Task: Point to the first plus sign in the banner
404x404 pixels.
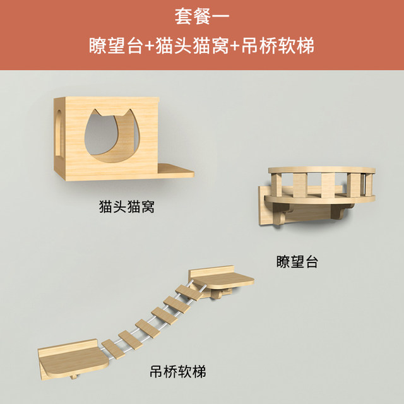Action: [150, 47]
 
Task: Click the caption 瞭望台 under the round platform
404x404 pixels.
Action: [297, 260]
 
